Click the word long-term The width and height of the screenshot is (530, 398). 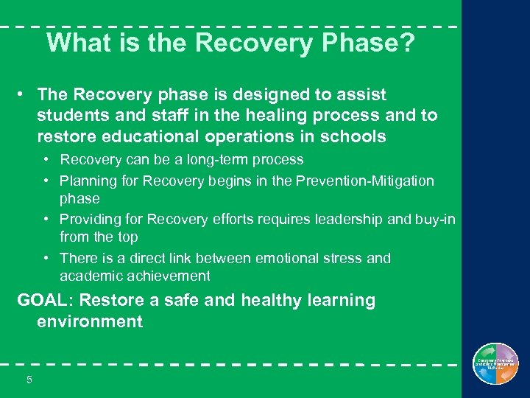191,160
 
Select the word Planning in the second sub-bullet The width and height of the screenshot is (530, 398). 87,181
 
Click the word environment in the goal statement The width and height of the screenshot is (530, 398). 90,322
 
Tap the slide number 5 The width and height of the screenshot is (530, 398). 29,380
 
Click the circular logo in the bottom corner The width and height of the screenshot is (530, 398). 496,365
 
